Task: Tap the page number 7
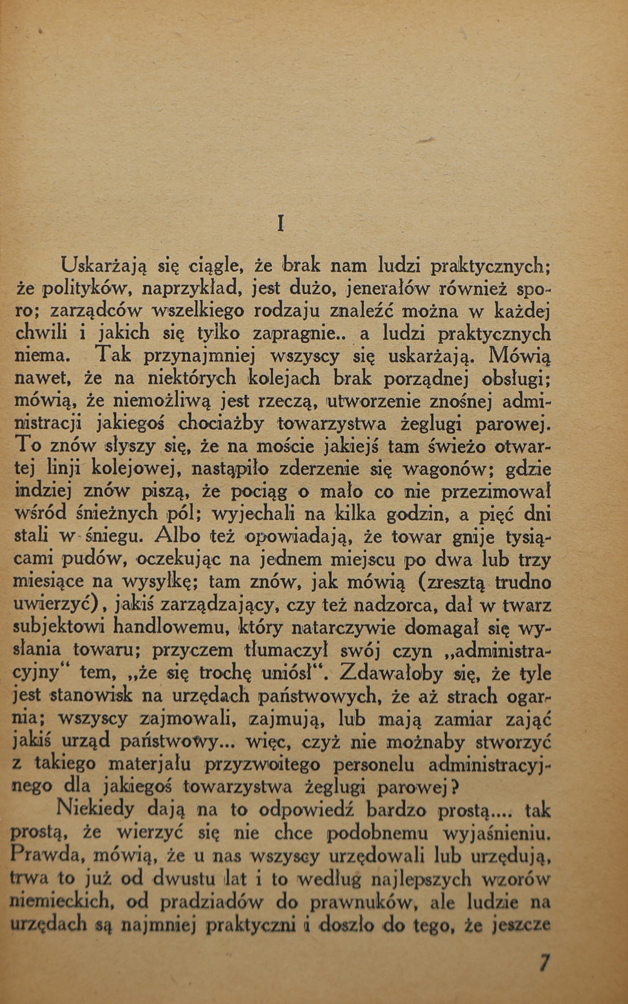pos(545,962)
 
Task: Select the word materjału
pos(149,764)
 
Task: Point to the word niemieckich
pos(60,902)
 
